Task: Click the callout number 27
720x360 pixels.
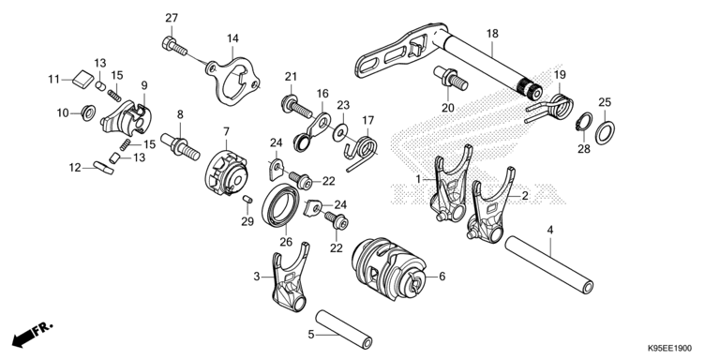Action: click(x=172, y=18)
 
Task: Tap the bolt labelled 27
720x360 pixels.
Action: click(x=174, y=45)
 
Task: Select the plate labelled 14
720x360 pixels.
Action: click(x=232, y=82)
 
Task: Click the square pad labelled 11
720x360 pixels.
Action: click(x=82, y=78)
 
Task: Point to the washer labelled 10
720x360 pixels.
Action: click(x=88, y=112)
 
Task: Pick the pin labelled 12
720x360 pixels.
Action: click(x=103, y=168)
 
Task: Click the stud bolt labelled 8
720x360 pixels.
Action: click(x=180, y=145)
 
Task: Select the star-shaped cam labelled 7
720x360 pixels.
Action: click(x=226, y=173)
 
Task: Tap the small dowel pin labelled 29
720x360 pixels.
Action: click(x=247, y=200)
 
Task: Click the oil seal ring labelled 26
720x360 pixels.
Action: click(x=280, y=204)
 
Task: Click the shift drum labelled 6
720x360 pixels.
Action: click(x=389, y=269)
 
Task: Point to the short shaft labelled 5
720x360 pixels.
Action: click(x=343, y=330)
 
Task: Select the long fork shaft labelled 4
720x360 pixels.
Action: click(x=549, y=265)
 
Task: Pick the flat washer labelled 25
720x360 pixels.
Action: click(x=606, y=133)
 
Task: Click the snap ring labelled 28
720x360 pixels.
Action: click(x=584, y=123)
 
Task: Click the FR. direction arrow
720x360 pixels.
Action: click(x=32, y=335)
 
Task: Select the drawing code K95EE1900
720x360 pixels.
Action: click(x=670, y=349)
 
